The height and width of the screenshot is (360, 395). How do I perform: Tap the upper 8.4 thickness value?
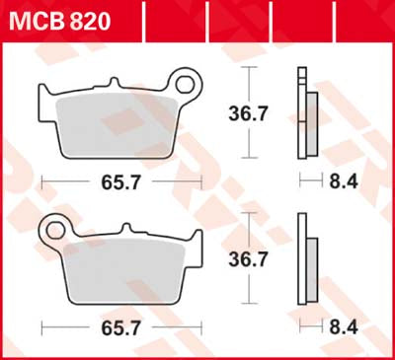tap(341, 180)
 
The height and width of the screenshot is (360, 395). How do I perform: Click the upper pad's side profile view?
tap(307, 113)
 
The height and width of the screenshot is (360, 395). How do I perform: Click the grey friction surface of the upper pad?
tap(118, 123)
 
